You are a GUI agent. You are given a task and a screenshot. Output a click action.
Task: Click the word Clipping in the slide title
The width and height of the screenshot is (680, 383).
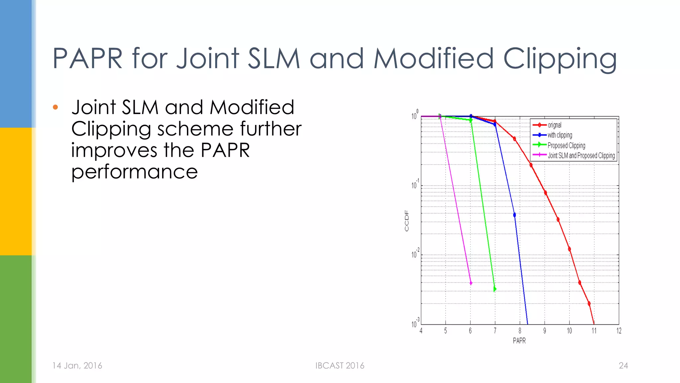560,59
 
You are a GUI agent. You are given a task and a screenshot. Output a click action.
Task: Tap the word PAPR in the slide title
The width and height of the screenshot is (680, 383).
88,59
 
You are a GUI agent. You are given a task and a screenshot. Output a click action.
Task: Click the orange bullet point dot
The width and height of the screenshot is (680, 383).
55,107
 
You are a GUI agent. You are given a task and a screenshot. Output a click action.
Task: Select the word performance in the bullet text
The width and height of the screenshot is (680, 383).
134,172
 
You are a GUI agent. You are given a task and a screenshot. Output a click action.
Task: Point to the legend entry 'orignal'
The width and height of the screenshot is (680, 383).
554,125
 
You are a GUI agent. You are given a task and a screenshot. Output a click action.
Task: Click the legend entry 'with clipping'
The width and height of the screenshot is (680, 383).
560,135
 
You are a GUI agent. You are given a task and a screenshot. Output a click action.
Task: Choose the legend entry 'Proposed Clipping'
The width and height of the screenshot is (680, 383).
566,145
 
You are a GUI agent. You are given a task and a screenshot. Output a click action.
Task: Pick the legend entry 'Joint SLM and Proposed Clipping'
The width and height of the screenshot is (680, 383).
581,156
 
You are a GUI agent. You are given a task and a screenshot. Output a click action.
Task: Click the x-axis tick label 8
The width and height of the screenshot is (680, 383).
520,331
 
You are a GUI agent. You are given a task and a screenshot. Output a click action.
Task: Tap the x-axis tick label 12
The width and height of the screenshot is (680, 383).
619,331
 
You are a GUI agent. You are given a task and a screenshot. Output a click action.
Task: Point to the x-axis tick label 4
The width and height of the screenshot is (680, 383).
421,331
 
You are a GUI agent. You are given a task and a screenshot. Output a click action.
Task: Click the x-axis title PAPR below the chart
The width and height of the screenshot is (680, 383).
519,341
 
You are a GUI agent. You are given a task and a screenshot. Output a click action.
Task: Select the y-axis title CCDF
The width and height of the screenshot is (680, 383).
407,221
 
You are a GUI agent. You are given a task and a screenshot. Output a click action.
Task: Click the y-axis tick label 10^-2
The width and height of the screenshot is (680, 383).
415,254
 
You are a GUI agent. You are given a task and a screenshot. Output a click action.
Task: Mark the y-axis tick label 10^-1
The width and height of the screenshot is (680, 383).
415,185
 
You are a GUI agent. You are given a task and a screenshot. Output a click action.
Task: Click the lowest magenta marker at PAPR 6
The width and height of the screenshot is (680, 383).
470,283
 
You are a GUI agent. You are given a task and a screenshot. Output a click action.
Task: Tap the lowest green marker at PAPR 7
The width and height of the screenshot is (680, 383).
495,289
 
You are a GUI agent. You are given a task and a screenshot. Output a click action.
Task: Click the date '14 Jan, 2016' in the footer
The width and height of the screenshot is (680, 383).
77,366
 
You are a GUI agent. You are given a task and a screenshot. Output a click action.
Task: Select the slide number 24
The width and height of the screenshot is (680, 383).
623,366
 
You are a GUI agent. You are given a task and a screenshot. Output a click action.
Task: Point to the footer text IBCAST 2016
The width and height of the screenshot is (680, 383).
340,366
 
